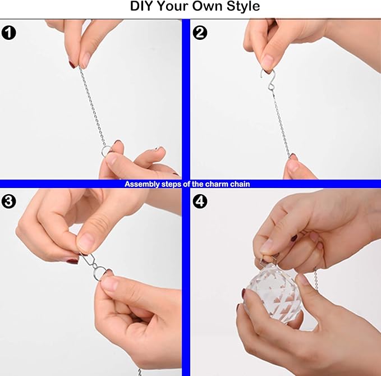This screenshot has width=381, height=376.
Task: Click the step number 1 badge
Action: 9,33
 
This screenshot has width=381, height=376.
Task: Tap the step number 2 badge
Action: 200,33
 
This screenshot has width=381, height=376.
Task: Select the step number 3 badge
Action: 9,201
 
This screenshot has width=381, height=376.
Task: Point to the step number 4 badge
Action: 200,201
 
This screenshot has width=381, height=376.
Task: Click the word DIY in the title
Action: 141,6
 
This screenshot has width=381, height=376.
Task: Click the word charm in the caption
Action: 217,184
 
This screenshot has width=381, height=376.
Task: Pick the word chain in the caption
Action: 240,184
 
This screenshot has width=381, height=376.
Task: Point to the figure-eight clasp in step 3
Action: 88,260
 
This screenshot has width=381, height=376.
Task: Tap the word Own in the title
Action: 208,6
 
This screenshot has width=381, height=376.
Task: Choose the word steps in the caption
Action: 172,184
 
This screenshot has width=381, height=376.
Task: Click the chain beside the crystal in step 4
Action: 316,279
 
